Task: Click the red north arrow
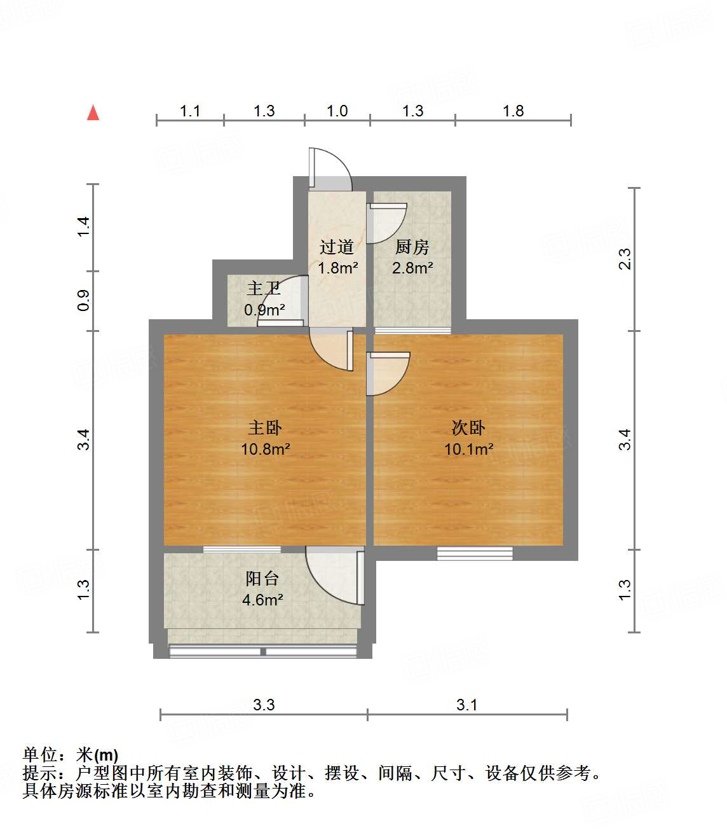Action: pos(93,113)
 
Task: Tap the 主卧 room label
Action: pos(265,428)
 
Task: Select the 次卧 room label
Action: pos(468,428)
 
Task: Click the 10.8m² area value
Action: pos(265,450)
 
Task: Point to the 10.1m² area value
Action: pos(468,450)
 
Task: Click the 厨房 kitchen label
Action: pos(412,247)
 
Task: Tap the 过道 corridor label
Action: pos(337,247)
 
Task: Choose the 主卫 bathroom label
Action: pos(264,289)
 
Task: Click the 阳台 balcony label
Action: pos(262,579)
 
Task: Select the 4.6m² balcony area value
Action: pos(262,600)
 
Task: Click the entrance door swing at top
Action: pos(330,169)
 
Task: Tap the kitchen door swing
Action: pos(386,223)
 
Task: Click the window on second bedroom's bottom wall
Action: pos(475,553)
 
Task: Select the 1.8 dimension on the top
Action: pos(513,111)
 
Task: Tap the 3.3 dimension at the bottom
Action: pos(264,705)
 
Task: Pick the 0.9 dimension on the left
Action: pos(84,300)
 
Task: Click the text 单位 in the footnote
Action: pos(40,755)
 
